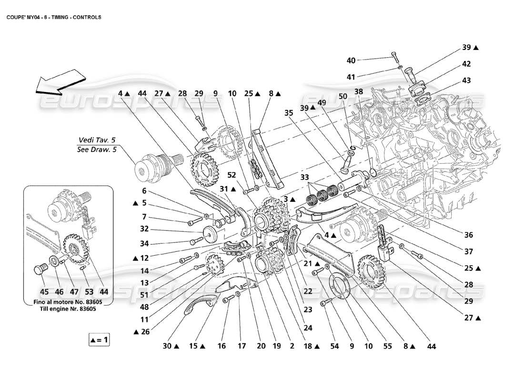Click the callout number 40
[x=351, y=60]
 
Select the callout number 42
[x=466, y=64]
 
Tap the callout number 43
[x=466, y=80]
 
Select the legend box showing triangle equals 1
[x=100, y=340]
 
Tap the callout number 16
[x=221, y=346]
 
